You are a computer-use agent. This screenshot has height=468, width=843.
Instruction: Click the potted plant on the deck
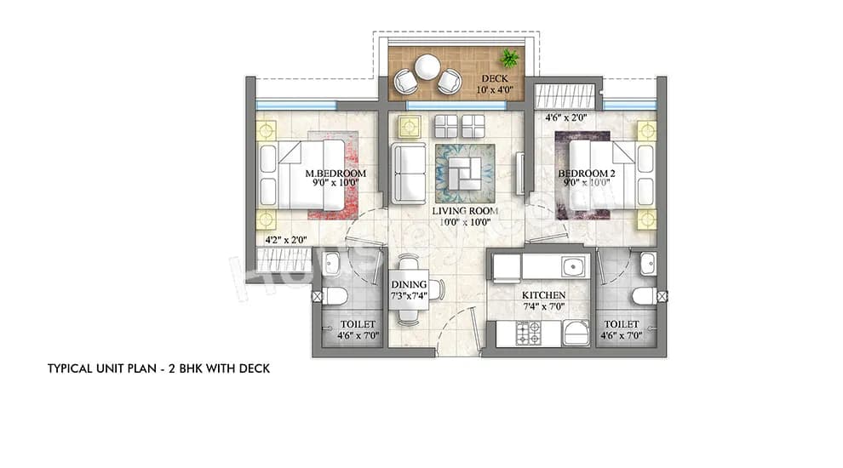click(x=509, y=58)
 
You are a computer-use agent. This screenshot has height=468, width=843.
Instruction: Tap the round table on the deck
click(x=427, y=66)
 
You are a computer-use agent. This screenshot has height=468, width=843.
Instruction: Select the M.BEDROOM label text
click(x=335, y=174)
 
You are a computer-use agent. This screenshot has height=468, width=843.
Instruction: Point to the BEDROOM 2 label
click(x=583, y=174)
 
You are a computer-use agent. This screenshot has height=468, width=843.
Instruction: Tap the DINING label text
click(x=408, y=285)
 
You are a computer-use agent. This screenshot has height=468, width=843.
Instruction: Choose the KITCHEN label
click(x=545, y=294)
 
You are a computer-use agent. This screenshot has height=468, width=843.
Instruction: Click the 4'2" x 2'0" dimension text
click(x=287, y=240)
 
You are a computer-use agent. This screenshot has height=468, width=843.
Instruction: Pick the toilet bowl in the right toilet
click(x=644, y=296)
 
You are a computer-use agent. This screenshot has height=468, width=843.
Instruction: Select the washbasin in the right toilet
click(x=648, y=264)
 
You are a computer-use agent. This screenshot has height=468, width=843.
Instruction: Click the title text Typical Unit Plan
click(x=158, y=369)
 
